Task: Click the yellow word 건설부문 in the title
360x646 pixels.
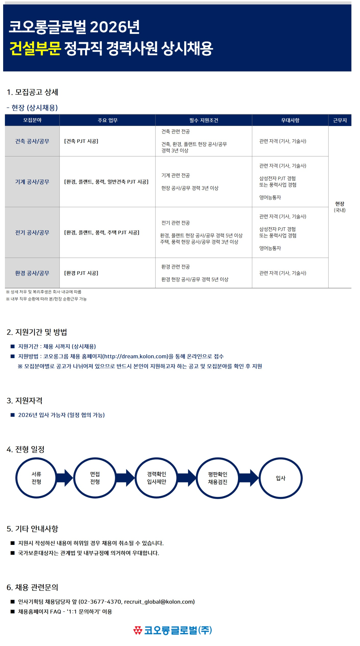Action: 35,48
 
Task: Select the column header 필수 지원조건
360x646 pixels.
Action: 204,120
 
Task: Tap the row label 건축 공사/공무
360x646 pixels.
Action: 32,141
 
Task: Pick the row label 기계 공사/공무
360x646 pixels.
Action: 32,182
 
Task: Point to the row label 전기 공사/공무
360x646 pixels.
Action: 32,233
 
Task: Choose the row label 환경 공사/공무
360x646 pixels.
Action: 32,273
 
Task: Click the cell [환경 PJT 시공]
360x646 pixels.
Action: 81,273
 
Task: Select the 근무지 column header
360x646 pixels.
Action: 340,120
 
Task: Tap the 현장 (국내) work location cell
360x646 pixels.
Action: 340,207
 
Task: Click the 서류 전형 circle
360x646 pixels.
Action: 36,478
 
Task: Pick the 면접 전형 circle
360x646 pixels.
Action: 95,478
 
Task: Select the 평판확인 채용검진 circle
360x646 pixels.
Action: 218,478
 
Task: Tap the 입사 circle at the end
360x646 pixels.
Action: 281,478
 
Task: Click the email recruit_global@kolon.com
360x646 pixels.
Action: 159,602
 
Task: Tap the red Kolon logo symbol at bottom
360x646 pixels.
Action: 138,630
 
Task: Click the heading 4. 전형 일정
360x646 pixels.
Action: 25,449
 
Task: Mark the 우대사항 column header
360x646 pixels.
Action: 290,120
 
